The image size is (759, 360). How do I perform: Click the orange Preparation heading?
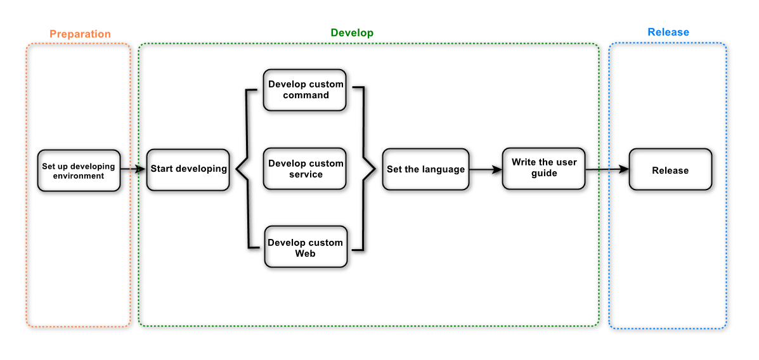point(81,34)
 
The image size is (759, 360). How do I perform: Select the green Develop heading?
point(352,33)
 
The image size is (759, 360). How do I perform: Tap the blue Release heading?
point(668,32)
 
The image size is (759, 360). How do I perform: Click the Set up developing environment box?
point(79,170)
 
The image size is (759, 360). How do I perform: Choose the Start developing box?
point(188,169)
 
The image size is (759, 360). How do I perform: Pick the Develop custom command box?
point(305,89)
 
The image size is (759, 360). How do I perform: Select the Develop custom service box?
point(305,169)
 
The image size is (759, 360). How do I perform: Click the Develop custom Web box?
point(306,247)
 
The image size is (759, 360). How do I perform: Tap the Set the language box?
point(425,169)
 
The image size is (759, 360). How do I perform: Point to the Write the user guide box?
point(543,168)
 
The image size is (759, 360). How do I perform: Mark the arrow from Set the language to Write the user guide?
point(486,170)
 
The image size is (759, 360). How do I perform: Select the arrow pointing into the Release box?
point(607,169)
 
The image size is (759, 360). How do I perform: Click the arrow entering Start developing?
point(133,169)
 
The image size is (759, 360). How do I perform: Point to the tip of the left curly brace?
point(236,169)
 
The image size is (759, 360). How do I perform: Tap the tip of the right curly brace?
point(375,169)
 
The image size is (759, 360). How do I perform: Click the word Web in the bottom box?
point(306,253)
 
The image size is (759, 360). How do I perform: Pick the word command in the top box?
point(306,95)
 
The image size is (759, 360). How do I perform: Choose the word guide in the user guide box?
point(544,173)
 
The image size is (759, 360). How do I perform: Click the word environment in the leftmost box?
point(79,176)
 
